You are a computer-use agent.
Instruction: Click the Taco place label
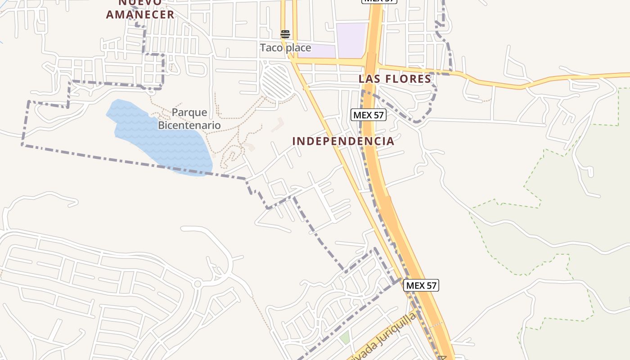(285, 48)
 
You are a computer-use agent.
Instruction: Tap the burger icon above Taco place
(285, 34)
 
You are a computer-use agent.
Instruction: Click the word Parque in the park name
(189, 112)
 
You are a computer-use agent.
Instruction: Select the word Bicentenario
(189, 125)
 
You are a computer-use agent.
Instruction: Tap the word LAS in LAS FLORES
(369, 79)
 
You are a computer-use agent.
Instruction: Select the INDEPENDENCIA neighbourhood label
(343, 141)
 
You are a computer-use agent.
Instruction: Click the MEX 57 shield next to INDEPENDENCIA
(369, 115)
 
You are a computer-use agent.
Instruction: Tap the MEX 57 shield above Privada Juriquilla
(421, 285)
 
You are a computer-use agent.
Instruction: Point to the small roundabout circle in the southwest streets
(197, 284)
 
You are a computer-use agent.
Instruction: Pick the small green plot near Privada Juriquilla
(345, 337)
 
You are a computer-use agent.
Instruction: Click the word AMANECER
(140, 14)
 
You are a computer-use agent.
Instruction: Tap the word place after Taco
(297, 48)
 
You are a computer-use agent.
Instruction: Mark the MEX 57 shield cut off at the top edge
(379, 1)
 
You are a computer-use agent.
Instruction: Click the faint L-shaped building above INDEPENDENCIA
(277, 125)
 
